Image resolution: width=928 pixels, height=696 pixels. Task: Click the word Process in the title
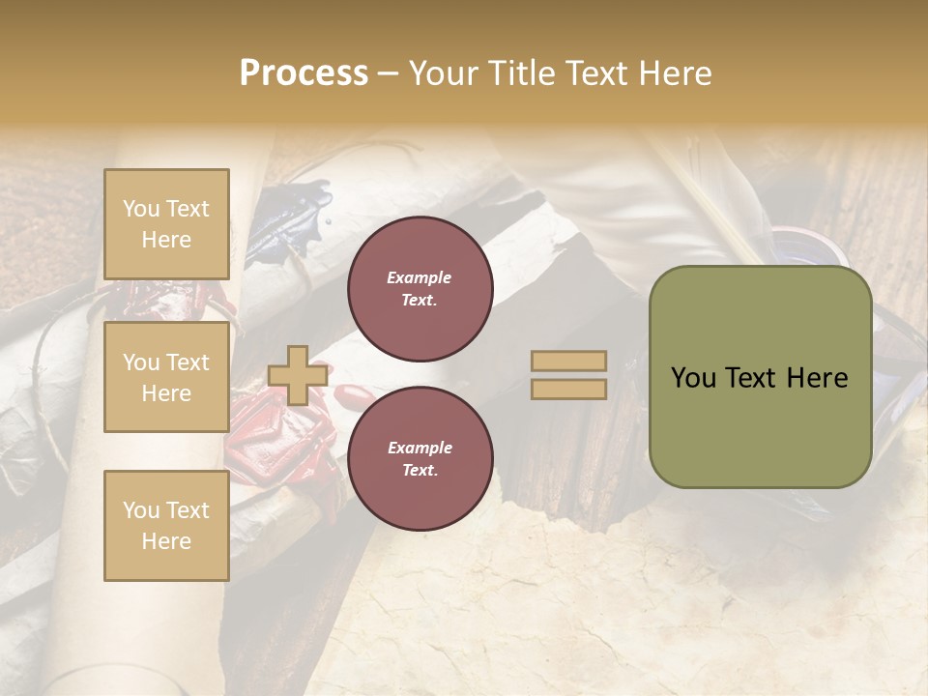click(304, 73)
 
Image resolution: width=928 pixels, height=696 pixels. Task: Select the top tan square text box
click(166, 224)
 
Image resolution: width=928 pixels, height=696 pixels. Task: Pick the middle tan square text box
click(166, 377)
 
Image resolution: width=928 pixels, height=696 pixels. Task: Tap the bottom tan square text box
click(166, 526)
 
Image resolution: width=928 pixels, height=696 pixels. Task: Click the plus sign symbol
click(297, 375)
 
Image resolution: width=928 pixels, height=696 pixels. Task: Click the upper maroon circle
click(420, 288)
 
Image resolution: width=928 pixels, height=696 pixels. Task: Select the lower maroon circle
click(420, 458)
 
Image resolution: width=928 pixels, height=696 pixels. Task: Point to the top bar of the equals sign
click(569, 362)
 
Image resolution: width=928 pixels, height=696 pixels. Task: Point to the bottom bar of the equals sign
click(569, 390)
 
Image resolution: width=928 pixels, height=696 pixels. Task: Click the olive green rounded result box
click(760, 425)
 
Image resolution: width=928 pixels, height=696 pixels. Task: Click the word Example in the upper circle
click(420, 277)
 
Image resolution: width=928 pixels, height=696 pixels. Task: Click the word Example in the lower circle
click(420, 448)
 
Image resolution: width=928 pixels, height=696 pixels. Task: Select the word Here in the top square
click(166, 240)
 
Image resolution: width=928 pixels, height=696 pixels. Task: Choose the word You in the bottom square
click(141, 510)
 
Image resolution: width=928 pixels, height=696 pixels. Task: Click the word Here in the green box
click(819, 378)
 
